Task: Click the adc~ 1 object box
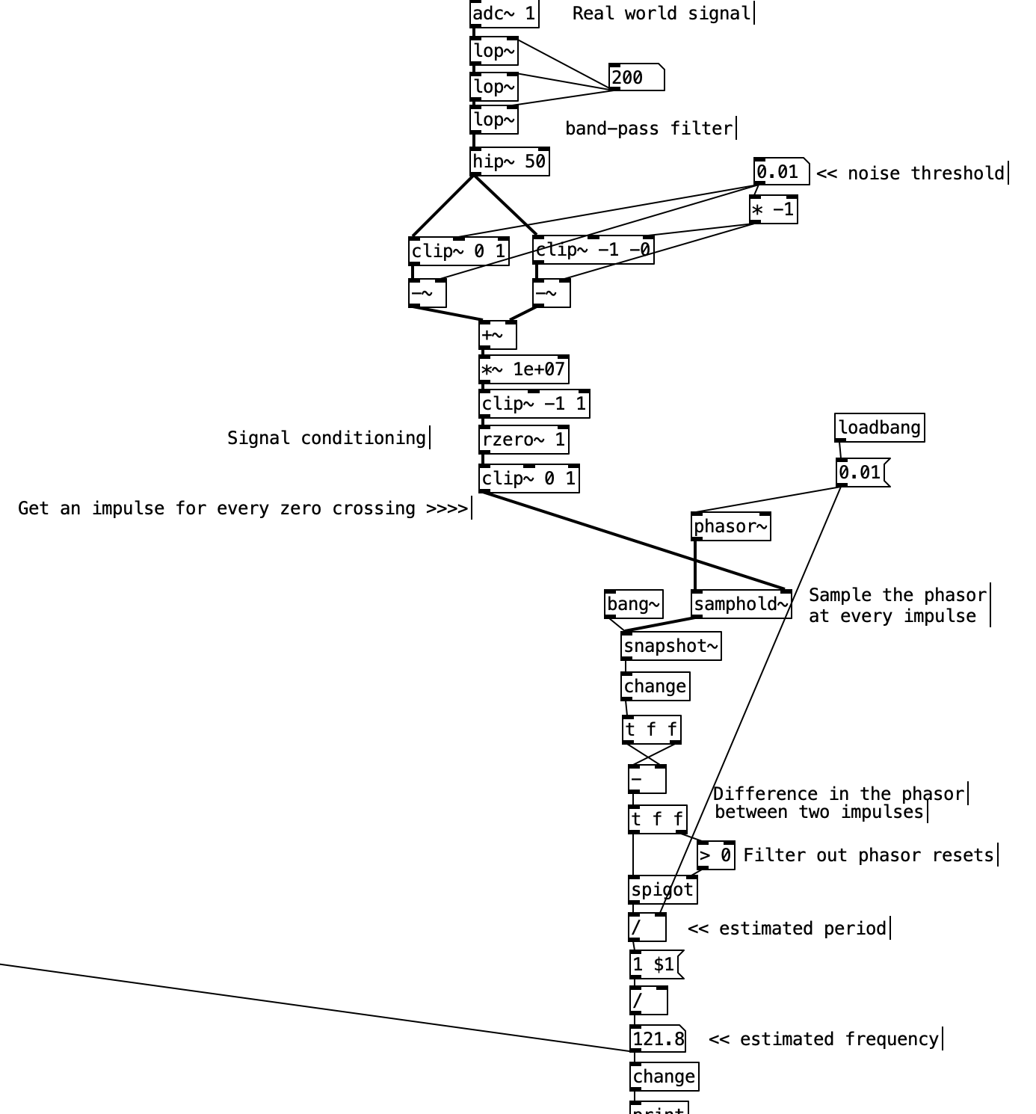(x=504, y=13)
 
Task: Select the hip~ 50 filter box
(x=509, y=161)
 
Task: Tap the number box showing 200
(x=636, y=78)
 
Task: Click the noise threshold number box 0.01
(x=780, y=172)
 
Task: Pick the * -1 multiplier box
(x=773, y=209)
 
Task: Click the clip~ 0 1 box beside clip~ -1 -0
(x=458, y=251)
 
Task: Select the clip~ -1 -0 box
(x=593, y=250)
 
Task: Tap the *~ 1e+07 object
(x=523, y=369)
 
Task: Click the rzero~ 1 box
(x=523, y=440)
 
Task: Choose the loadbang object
(x=879, y=428)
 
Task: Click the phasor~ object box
(x=730, y=526)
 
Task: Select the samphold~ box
(x=741, y=604)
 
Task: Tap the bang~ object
(x=633, y=604)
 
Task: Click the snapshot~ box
(x=670, y=646)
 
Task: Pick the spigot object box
(x=662, y=890)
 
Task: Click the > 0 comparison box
(x=715, y=855)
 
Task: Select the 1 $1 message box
(x=656, y=964)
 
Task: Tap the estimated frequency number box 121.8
(x=657, y=1038)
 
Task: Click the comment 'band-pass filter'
(x=649, y=129)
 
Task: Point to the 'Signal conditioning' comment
(x=327, y=438)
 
